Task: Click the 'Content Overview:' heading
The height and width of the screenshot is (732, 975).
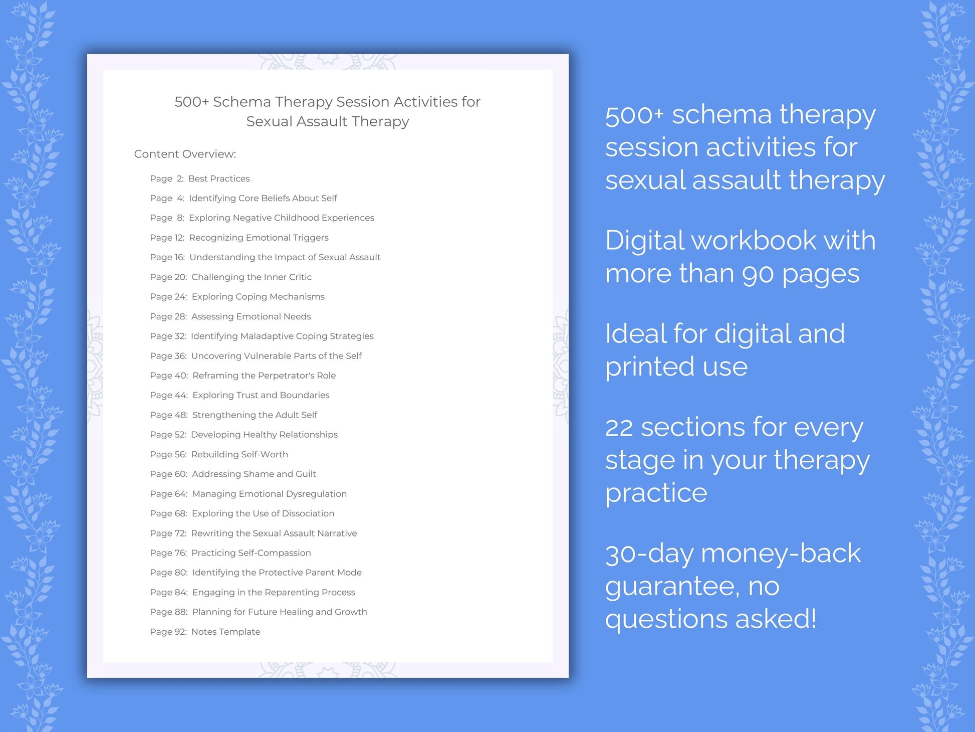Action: [185, 154]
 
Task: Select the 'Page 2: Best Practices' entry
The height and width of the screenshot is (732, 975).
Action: [199, 178]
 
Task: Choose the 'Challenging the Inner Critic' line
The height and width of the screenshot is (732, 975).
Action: [252, 277]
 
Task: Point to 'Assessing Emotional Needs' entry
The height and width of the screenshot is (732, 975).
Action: [251, 316]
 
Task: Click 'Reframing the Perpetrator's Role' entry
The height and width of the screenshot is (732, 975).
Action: [264, 376]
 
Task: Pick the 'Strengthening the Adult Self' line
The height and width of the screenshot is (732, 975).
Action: [255, 415]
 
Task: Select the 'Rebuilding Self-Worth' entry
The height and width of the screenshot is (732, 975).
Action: [239, 454]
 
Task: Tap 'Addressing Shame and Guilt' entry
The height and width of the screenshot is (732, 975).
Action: [254, 474]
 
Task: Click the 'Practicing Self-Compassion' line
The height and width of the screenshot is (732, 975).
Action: [251, 553]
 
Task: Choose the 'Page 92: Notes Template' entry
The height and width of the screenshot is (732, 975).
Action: [205, 632]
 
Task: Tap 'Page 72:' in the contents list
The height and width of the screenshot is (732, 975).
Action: [168, 533]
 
